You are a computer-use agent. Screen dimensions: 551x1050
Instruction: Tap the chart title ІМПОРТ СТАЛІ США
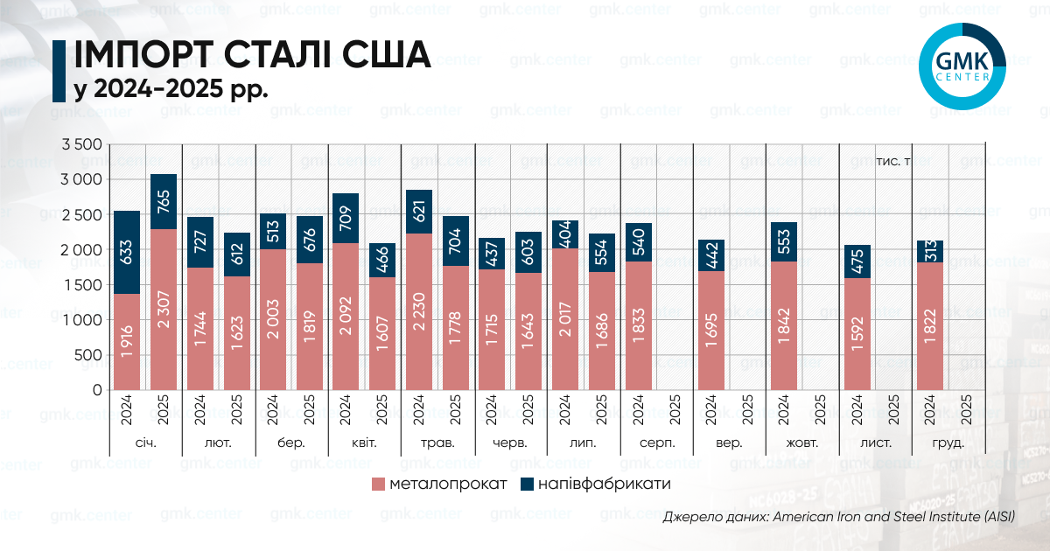click(x=252, y=54)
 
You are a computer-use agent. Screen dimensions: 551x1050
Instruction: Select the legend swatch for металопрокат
click(x=378, y=485)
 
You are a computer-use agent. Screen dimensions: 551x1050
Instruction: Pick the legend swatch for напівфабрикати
click(x=527, y=485)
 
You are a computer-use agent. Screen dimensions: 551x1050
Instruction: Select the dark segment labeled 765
click(x=164, y=202)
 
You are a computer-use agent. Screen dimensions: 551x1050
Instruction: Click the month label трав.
click(x=437, y=443)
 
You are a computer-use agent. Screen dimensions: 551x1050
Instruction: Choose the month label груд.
click(x=948, y=443)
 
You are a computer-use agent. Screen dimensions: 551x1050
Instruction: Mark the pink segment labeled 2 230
click(x=419, y=311)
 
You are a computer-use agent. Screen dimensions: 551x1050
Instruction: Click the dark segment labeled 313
click(x=930, y=251)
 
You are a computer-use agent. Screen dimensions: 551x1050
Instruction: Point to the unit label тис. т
click(x=893, y=163)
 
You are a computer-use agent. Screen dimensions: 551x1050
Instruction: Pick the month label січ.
click(x=145, y=443)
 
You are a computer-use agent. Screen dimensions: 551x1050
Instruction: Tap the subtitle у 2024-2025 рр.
click(x=170, y=90)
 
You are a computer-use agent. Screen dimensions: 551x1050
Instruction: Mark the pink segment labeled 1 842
click(x=784, y=325)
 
